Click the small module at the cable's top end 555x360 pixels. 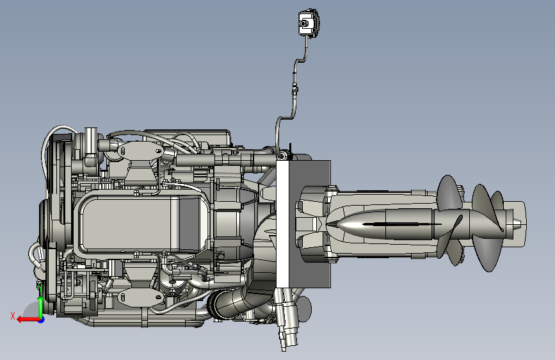click(309, 23)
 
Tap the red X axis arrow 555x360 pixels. click(28, 320)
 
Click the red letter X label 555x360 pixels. click(13, 316)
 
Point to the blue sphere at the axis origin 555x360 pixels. click(42, 320)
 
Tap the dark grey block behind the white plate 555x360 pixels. click(310, 223)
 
